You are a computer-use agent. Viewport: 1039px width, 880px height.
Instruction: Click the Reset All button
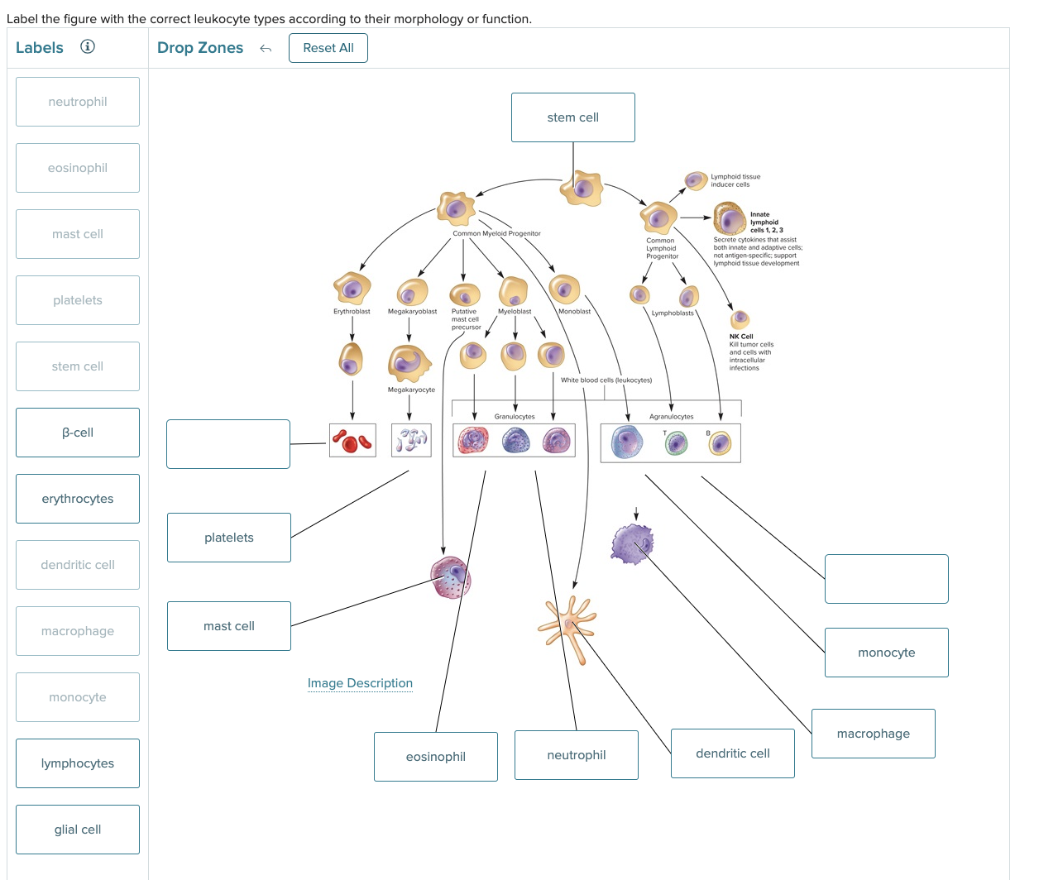point(328,48)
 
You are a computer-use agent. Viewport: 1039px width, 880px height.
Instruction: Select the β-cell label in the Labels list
point(78,433)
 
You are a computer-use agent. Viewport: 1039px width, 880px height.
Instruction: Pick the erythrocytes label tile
point(78,499)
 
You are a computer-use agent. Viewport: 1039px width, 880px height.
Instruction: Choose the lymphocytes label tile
point(78,763)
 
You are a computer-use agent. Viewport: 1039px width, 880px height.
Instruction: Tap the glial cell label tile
point(78,830)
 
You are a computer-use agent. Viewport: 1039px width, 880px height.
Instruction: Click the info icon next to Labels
point(88,47)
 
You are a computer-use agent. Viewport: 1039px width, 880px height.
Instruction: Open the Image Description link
point(360,683)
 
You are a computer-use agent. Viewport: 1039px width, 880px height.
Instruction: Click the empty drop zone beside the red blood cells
point(228,444)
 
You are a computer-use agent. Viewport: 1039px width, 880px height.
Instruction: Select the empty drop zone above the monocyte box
point(886,579)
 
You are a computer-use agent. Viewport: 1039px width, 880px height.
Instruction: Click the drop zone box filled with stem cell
point(572,117)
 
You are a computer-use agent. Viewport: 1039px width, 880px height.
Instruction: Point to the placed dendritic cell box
point(732,753)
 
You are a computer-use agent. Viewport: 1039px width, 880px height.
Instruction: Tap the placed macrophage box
point(873,734)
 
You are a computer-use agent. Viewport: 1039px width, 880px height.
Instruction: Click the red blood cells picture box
point(352,441)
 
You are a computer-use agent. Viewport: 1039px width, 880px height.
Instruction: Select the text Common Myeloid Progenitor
point(496,233)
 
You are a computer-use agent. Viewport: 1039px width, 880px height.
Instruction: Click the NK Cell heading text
point(741,337)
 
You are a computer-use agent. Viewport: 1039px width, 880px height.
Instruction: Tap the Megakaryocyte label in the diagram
point(411,390)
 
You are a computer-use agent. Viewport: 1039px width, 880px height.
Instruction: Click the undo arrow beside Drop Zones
point(266,49)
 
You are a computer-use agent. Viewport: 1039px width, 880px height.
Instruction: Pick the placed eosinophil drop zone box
point(436,757)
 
